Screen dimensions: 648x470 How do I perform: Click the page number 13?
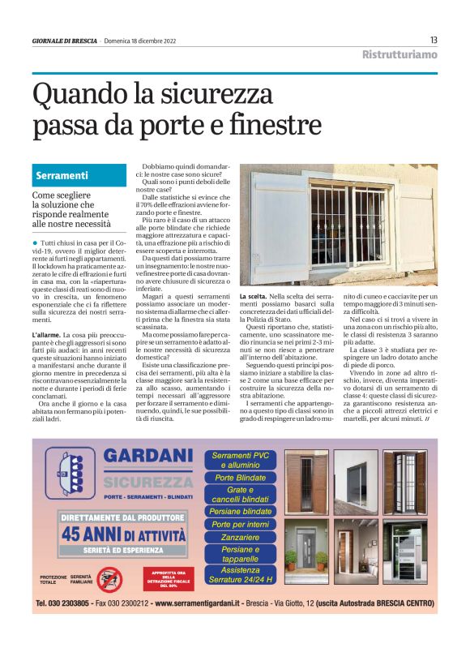(434, 40)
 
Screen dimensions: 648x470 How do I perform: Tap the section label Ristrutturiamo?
(399, 54)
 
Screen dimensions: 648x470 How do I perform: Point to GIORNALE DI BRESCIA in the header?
(65, 41)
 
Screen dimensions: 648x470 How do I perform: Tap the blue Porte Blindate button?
(240, 478)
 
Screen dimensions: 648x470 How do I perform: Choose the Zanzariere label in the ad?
(240, 537)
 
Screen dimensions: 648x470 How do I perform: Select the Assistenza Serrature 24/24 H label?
(240, 575)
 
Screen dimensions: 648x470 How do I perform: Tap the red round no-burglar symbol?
(109, 579)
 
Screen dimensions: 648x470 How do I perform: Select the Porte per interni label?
(240, 525)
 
